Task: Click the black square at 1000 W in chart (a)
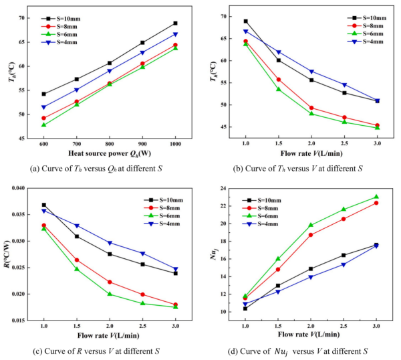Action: pos(176,23)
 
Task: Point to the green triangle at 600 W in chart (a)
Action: pos(43,124)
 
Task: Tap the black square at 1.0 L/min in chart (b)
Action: pos(246,21)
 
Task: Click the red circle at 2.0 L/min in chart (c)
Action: pos(110,282)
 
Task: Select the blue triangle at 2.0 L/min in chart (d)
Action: pos(311,276)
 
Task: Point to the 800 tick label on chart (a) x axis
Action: pos(110,144)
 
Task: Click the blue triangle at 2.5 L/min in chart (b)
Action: pos(344,85)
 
